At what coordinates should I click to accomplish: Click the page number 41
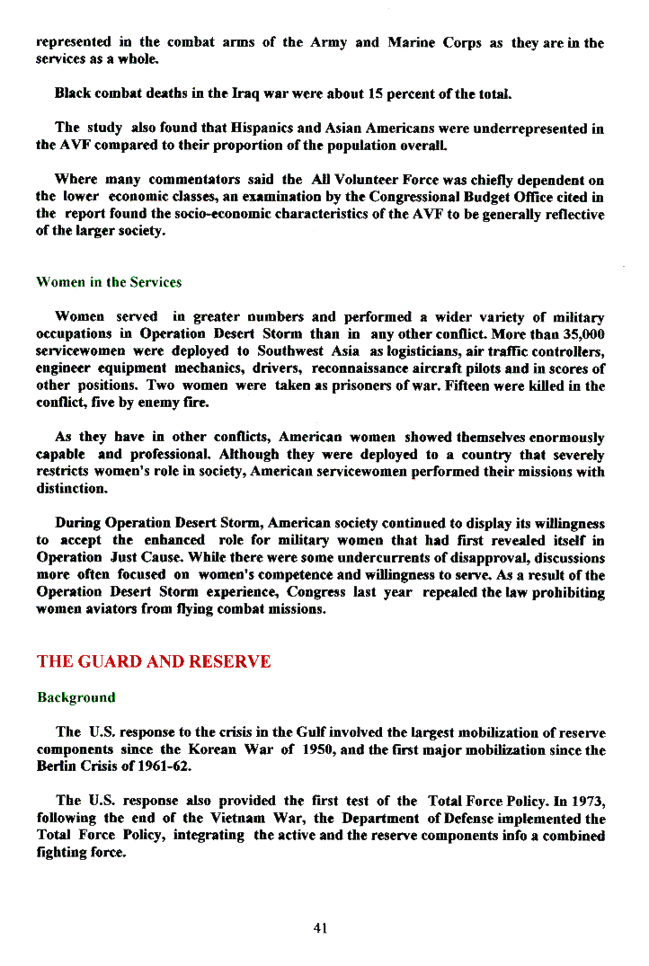click(320, 928)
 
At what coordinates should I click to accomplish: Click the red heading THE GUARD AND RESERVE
click(154, 662)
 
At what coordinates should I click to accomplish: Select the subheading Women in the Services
click(109, 282)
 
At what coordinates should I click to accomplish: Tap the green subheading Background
click(76, 697)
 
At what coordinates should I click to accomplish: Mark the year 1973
click(585, 802)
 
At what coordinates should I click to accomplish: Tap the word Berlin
click(56, 767)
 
